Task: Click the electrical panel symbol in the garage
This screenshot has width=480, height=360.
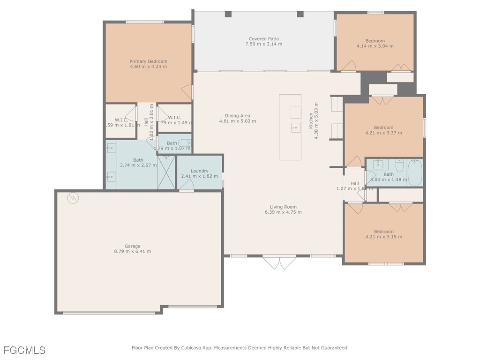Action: (x=73, y=198)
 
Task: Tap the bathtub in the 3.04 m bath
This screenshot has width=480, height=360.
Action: (x=415, y=172)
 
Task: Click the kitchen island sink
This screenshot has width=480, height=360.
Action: (x=295, y=127)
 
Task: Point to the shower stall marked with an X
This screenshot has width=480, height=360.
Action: (x=166, y=172)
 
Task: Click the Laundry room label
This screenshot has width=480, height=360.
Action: (x=199, y=171)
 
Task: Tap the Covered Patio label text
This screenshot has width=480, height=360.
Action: (x=264, y=39)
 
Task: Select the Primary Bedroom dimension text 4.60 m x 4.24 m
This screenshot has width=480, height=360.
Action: (x=148, y=67)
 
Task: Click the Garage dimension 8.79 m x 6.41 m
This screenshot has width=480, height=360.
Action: (x=132, y=252)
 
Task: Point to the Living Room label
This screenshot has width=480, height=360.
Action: (x=283, y=207)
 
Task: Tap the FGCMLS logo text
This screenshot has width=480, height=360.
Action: (x=24, y=350)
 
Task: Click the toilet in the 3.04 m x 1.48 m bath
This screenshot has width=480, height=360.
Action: (x=399, y=166)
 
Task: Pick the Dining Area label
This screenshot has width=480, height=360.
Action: (x=238, y=116)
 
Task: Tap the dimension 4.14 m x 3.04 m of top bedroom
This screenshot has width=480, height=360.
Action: (x=375, y=46)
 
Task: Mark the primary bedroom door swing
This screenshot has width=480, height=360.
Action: (x=187, y=92)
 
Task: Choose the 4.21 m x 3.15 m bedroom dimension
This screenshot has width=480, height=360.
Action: (x=384, y=237)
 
